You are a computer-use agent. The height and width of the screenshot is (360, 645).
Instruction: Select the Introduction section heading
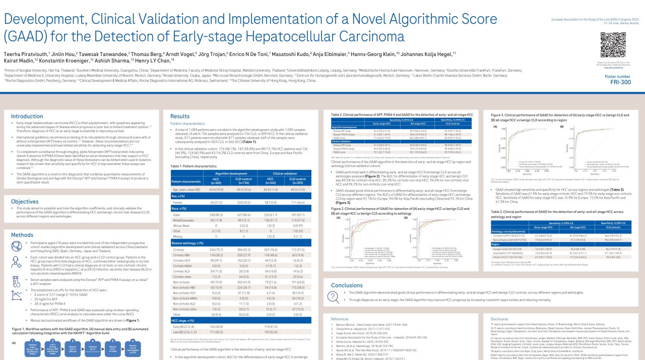27,116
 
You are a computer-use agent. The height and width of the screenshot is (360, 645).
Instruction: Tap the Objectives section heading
25,201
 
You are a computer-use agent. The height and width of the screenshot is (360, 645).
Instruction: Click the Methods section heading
22,235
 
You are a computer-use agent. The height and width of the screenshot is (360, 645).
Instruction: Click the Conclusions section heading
347,285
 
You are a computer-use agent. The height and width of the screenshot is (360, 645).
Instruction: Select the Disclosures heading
499,319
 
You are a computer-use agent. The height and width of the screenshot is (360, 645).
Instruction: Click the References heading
340,319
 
